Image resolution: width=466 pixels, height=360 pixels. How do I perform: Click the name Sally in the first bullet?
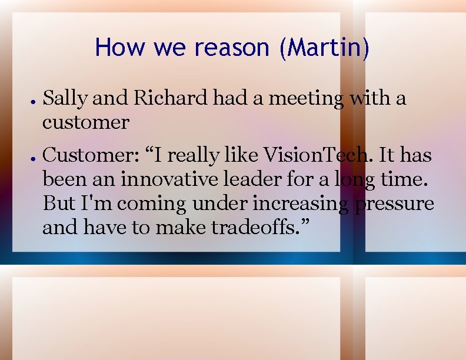65,98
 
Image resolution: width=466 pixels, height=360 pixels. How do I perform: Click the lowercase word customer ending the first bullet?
86,122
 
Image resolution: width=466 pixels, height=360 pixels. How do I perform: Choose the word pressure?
394,204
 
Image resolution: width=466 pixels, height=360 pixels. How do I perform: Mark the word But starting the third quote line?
59,204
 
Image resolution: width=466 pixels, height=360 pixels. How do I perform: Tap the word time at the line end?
412,179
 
